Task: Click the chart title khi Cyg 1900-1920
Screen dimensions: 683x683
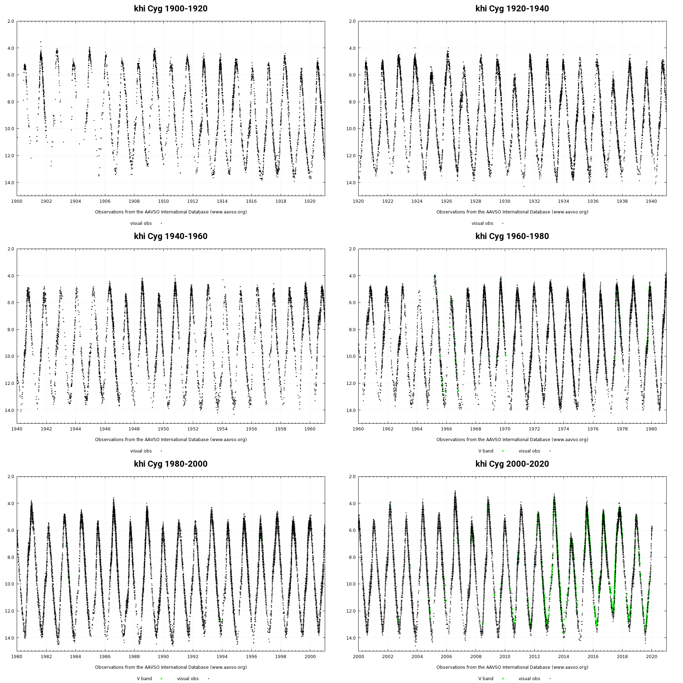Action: pyautogui.click(x=171, y=9)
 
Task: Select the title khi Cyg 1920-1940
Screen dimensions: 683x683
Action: pyautogui.click(x=512, y=9)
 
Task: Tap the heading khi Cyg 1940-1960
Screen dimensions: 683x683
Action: pyautogui.click(x=171, y=236)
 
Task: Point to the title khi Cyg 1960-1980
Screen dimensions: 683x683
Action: pyautogui.click(x=512, y=236)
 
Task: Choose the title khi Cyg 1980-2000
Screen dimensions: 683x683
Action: pyautogui.click(x=171, y=464)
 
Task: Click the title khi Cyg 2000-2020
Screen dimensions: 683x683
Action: pyautogui.click(x=512, y=464)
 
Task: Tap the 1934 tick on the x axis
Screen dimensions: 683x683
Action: pyautogui.click(x=563, y=201)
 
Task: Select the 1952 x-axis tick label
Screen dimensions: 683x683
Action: pyautogui.click(x=193, y=429)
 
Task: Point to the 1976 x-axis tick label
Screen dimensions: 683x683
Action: pyautogui.click(x=593, y=429)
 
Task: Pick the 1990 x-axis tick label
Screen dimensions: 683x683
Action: pyautogui.click(x=164, y=656)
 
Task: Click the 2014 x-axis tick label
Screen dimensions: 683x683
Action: pyautogui.click(x=563, y=656)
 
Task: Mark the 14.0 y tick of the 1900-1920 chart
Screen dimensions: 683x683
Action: pyautogui.click(x=10, y=182)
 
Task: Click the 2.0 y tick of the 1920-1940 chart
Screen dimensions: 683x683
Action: pyautogui.click(x=352, y=21)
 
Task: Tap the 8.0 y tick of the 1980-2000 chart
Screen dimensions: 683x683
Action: pyautogui.click(x=10, y=557)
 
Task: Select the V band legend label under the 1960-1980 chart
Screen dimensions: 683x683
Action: pyautogui.click(x=486, y=451)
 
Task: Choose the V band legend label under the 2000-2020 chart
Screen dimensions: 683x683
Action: pyautogui.click(x=486, y=679)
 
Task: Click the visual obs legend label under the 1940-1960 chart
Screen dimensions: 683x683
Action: pyautogui.click(x=141, y=451)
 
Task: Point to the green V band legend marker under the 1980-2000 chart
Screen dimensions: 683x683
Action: pyautogui.click(x=161, y=679)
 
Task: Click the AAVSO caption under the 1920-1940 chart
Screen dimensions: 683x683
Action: pyautogui.click(x=512, y=212)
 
